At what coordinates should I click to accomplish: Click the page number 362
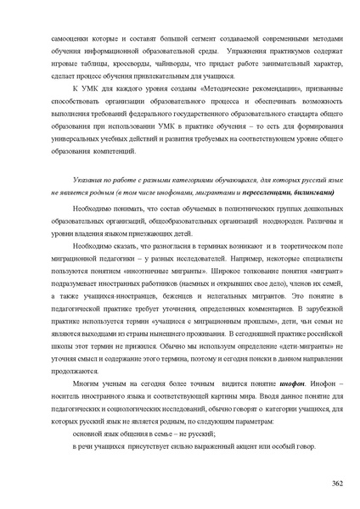[336, 483]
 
